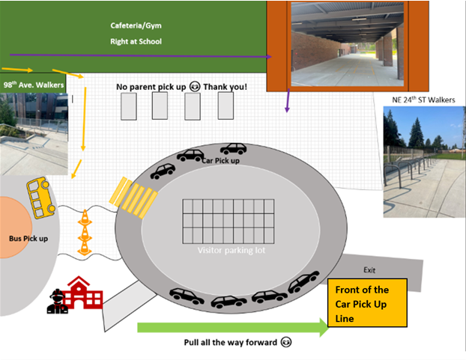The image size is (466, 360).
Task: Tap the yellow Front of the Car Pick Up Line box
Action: point(368,302)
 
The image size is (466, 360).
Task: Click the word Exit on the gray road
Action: point(370,269)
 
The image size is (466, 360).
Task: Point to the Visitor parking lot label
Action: point(231,251)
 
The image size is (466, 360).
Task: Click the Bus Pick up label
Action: point(28,238)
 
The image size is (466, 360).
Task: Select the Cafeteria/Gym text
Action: point(135,25)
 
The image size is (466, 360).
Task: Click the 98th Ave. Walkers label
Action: point(32,85)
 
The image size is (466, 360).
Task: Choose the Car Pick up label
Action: point(220,160)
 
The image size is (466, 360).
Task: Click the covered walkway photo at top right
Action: point(347,45)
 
